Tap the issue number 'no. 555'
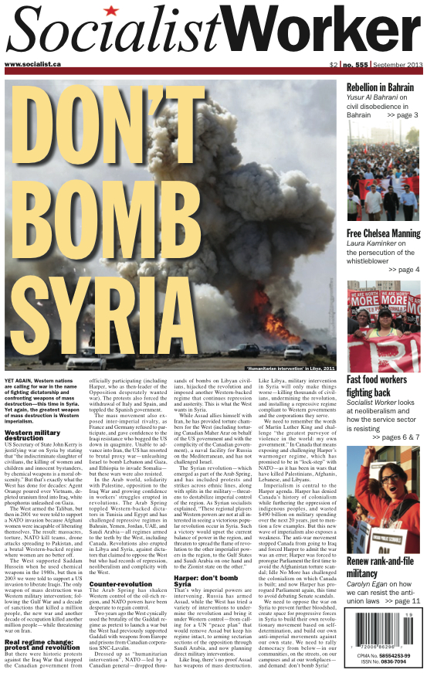tap(356, 64)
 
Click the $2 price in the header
tap(333, 64)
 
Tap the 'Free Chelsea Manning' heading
tap(383, 233)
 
